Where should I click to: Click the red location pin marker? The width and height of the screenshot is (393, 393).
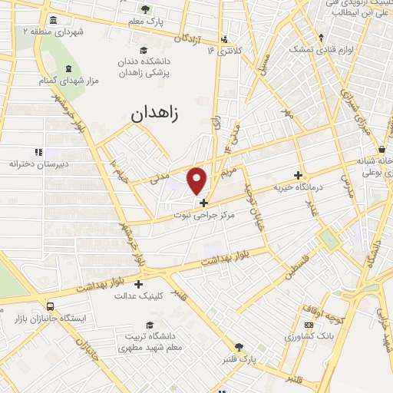(197, 180)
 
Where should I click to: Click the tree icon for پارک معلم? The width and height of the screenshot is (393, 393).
(146, 9)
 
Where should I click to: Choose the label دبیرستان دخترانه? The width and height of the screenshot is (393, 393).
(39, 164)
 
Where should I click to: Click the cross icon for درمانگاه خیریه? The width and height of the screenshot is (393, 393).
(299, 175)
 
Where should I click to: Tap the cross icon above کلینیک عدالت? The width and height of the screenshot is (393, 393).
(138, 284)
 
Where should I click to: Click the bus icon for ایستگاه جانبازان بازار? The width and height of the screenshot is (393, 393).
(50, 305)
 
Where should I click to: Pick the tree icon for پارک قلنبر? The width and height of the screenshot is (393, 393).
(239, 347)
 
